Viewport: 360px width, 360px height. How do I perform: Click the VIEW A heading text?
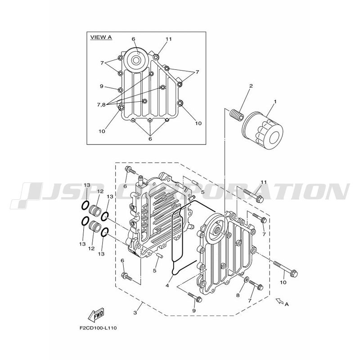pyautogui.click(x=101, y=37)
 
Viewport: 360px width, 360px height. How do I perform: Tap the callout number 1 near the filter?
pyautogui.click(x=275, y=101)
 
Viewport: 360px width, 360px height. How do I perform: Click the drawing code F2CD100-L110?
pyautogui.click(x=98, y=328)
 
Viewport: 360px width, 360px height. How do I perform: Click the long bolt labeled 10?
pyautogui.click(x=286, y=269)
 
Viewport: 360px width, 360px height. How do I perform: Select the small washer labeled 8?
pyautogui.click(x=246, y=279)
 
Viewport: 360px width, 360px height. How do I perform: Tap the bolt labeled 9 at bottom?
pyautogui.click(x=195, y=297)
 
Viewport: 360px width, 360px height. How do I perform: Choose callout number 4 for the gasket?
pyautogui.click(x=167, y=286)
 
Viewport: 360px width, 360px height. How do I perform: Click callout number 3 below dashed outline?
pyautogui.click(x=135, y=313)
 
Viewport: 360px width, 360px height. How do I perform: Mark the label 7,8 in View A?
pyautogui.click(x=101, y=105)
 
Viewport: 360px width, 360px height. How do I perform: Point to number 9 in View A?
pyautogui.click(x=102, y=86)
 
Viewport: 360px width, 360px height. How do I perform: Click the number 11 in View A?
pyautogui.click(x=168, y=39)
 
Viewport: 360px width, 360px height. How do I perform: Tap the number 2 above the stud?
pyautogui.click(x=251, y=86)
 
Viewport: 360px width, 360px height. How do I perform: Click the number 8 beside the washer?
pyautogui.click(x=238, y=295)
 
